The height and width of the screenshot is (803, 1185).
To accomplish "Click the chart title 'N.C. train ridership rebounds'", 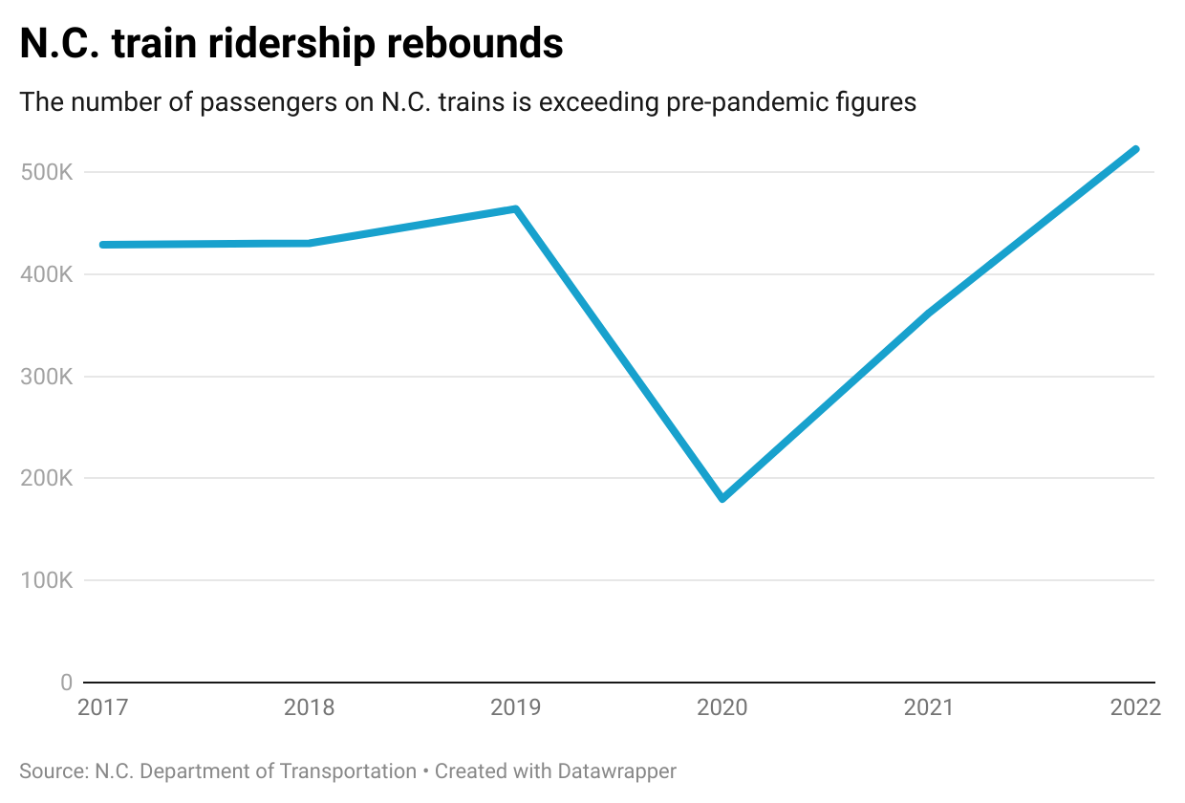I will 291,44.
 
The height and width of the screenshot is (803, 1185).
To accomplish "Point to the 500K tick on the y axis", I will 47,172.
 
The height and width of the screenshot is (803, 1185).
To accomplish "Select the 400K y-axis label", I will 47,274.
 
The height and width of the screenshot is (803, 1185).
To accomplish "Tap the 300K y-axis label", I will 47,377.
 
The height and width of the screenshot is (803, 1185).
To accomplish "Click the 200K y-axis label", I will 47,478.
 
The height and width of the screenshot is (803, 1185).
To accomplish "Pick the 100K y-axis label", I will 47,580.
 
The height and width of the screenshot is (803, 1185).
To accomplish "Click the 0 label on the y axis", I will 66,683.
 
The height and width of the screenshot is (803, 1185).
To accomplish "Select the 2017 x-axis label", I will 102,707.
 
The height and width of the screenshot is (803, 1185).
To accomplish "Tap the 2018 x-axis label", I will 309,707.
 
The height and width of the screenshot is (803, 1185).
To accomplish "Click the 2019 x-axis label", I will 515,707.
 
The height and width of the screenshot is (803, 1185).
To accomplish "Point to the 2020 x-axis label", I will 722,707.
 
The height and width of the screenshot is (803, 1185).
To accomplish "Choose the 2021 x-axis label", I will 929,707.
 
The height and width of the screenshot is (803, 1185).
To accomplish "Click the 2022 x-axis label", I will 1134,707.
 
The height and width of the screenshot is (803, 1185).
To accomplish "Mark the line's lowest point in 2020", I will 722,498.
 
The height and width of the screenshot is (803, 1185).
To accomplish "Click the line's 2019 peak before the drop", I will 516,209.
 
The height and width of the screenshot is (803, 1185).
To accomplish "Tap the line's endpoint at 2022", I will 1135,149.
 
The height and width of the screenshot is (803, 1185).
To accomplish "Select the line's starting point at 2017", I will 102,245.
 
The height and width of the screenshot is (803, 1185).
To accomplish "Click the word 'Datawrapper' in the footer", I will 616,771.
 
